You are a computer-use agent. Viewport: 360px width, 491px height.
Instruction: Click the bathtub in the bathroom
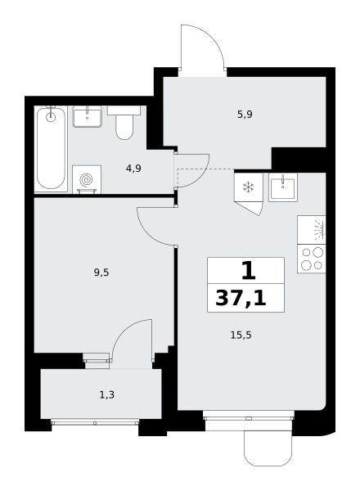point(51,149)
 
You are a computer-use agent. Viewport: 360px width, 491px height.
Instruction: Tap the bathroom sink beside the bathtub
point(88,116)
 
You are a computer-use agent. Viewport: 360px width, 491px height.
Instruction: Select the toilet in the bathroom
point(124,123)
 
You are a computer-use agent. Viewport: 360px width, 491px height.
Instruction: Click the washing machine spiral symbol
point(87,180)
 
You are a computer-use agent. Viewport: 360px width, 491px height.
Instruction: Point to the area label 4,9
point(133,169)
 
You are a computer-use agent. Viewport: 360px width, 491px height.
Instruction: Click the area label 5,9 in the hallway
point(245,115)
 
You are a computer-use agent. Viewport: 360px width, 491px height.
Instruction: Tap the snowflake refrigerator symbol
point(249,187)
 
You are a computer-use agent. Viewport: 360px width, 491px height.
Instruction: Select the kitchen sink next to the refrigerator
point(283,187)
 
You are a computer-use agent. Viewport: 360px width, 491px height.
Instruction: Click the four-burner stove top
point(312,259)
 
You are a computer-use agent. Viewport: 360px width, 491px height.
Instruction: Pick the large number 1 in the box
point(249,271)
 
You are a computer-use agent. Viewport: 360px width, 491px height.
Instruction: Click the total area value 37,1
point(241,298)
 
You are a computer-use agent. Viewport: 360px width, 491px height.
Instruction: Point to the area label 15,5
point(241,336)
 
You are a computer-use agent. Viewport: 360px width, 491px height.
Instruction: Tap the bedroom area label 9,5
point(101,273)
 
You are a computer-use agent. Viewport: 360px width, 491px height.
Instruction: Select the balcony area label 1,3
point(106,395)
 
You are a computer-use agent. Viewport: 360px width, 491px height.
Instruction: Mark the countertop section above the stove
point(312,230)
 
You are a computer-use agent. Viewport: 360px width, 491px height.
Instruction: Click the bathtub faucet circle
point(51,117)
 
